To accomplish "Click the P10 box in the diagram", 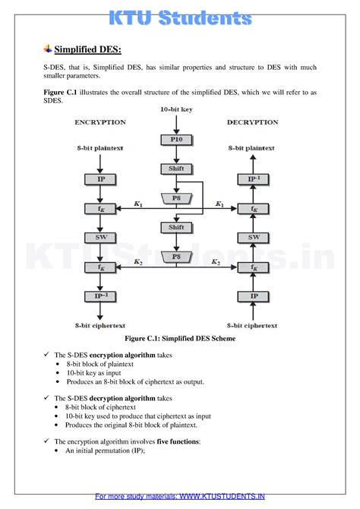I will [176, 140].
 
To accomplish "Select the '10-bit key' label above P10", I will [176, 110].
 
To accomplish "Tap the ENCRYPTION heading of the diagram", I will [100, 122].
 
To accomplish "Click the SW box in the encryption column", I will [100, 238].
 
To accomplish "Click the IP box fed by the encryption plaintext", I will [100, 179].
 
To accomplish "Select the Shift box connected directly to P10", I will [176, 169].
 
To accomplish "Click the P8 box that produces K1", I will [176, 198].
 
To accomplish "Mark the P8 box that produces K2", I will [176, 257].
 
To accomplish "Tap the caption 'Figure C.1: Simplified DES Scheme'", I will [179, 338].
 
